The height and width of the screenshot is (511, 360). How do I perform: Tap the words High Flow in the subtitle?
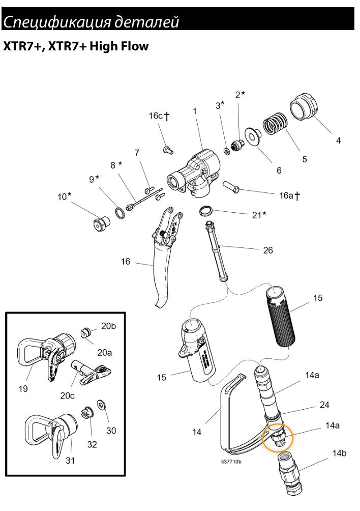click(119, 46)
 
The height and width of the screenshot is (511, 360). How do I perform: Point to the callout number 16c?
click(156, 116)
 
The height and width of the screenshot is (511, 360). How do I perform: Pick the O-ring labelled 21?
click(206, 210)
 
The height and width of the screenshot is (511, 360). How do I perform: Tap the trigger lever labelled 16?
click(166, 254)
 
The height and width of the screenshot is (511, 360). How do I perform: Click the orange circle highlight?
click(278, 437)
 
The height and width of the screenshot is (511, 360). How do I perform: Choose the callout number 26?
click(268, 250)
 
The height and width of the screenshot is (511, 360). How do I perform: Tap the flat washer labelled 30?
click(102, 405)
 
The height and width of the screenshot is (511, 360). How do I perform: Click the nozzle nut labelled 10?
click(100, 224)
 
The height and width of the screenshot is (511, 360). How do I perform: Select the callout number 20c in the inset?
click(68, 395)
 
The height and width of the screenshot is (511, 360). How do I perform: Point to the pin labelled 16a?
click(231, 186)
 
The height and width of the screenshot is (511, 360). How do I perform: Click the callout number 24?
click(324, 405)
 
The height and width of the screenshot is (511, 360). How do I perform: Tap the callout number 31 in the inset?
click(70, 460)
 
